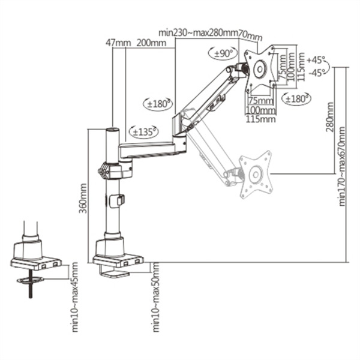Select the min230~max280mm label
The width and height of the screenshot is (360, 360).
coord(198,31)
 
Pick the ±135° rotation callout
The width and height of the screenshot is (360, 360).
coord(143,131)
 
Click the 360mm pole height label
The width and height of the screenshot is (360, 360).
coord(83,198)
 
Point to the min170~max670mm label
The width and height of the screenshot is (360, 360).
coord(342,166)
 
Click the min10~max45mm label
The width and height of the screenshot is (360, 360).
coord(74,296)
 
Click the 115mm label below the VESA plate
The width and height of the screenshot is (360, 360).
coord(260,119)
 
